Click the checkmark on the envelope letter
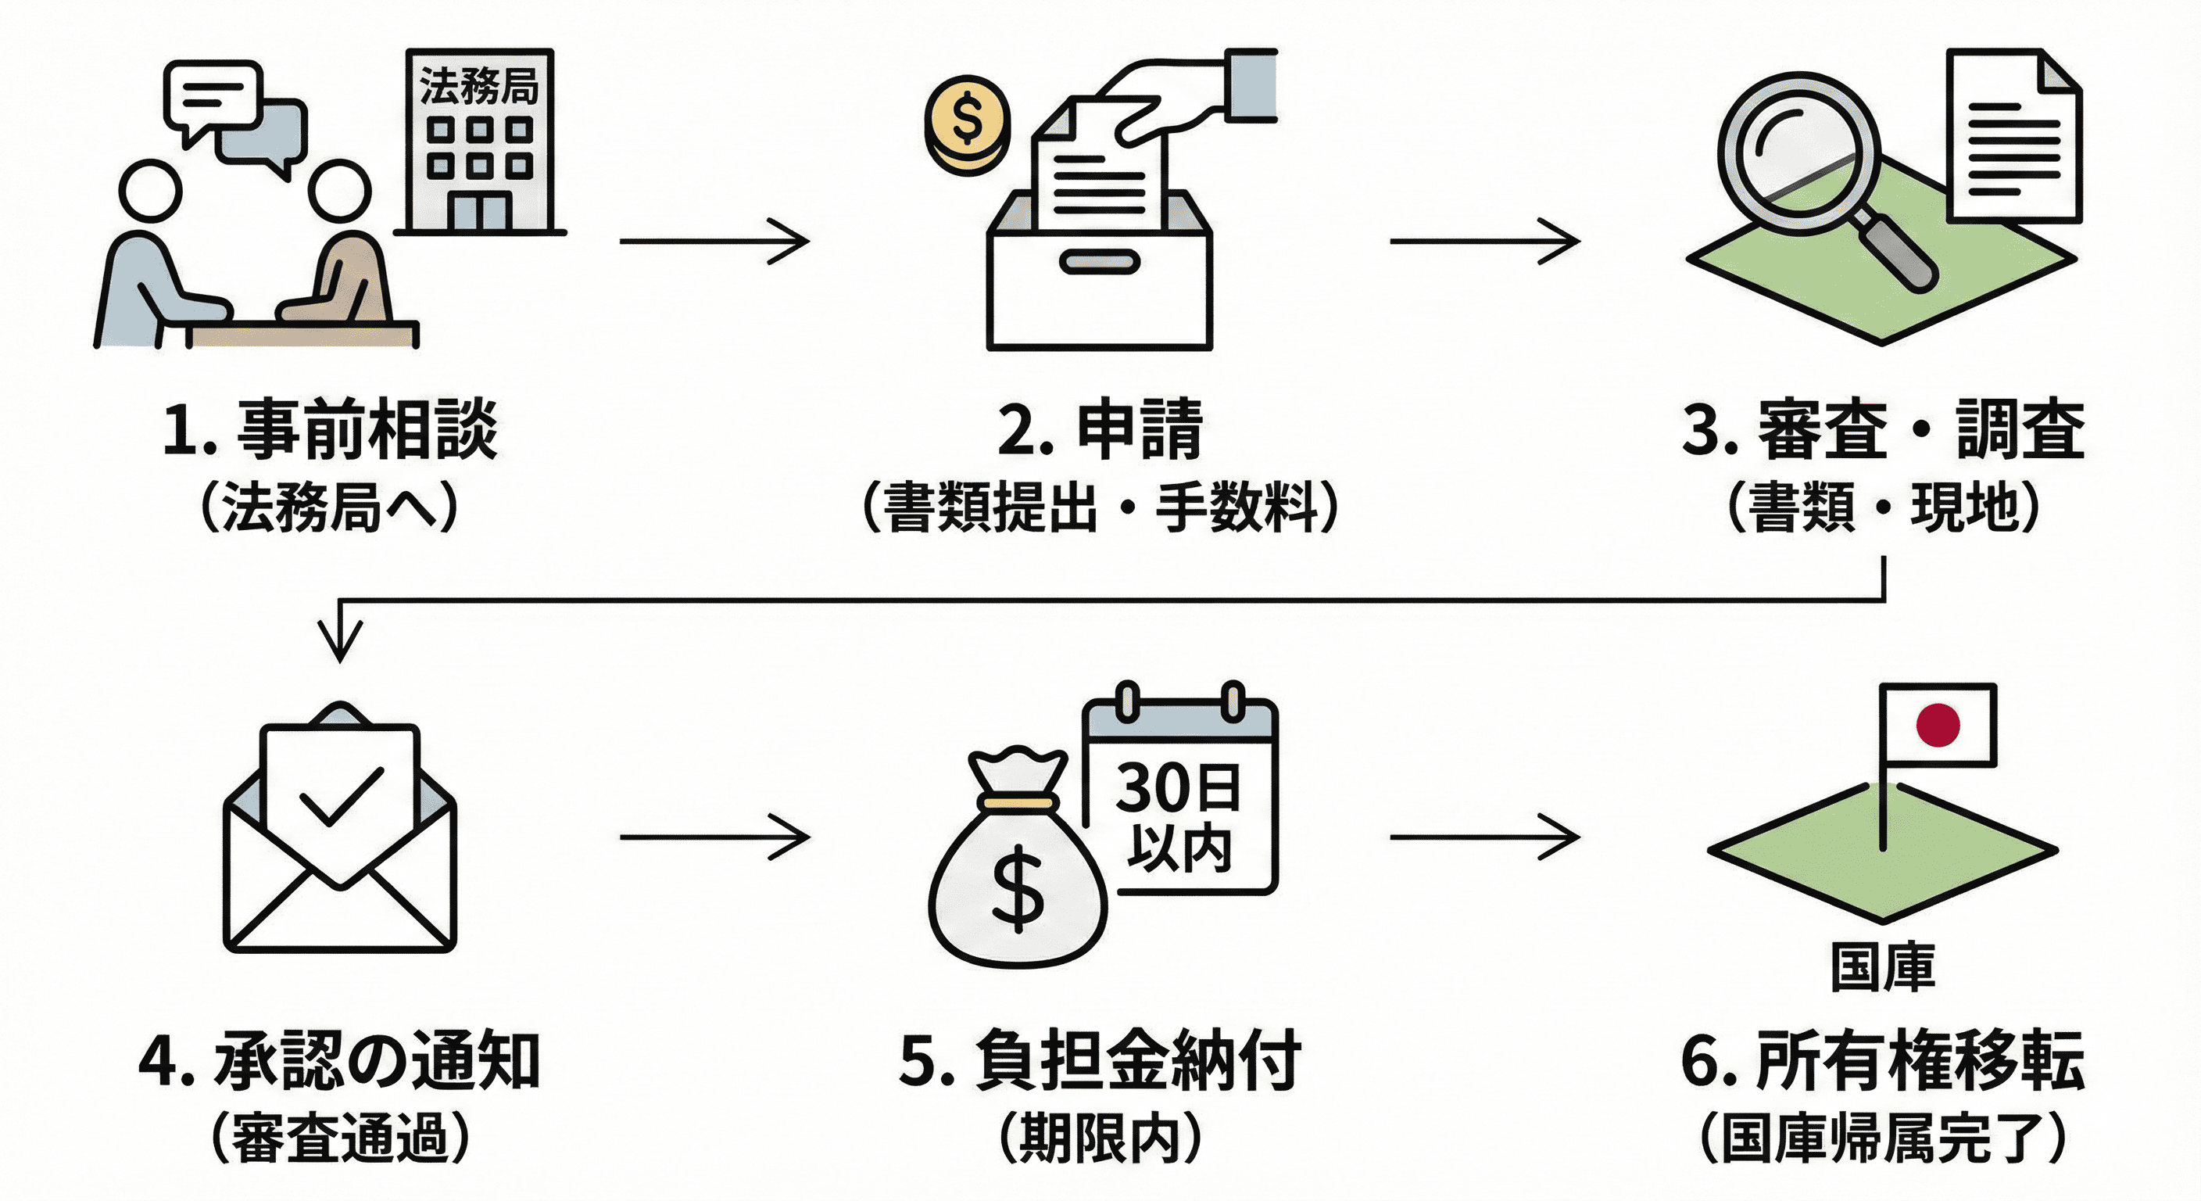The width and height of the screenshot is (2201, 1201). [x=340, y=796]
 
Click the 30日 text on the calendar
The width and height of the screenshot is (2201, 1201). [x=1178, y=788]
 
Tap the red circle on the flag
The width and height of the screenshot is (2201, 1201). [x=1937, y=725]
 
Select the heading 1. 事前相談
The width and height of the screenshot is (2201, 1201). [x=330, y=429]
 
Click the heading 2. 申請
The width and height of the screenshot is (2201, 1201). [x=1100, y=429]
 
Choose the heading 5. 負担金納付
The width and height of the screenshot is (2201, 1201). [x=1100, y=1061]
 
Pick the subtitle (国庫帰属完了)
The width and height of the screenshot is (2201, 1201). [x=1883, y=1138]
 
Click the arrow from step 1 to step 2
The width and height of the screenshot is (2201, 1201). [x=714, y=241]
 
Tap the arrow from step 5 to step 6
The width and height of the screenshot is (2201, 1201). [x=1485, y=837]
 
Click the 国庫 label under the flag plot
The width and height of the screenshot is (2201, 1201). [x=1882, y=968]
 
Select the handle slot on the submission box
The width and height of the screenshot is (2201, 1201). [x=1099, y=262]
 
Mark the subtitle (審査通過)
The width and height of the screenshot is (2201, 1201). [x=340, y=1138]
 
